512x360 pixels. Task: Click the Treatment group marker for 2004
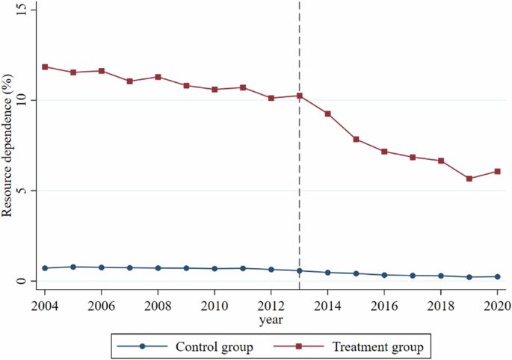[45, 66]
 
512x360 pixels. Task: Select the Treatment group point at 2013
[300, 96]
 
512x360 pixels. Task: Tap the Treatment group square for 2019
[469, 179]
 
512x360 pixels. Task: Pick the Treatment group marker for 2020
[497, 171]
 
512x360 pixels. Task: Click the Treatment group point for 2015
[356, 139]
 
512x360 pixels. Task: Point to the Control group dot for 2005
[73, 267]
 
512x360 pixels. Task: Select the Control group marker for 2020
[497, 276]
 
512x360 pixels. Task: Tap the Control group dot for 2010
[215, 269]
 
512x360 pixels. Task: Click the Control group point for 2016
[384, 275]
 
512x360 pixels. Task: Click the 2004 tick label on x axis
[45, 305]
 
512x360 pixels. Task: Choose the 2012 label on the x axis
[271, 305]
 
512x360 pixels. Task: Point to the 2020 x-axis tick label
[497, 305]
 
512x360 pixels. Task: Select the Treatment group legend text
[377, 347]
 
